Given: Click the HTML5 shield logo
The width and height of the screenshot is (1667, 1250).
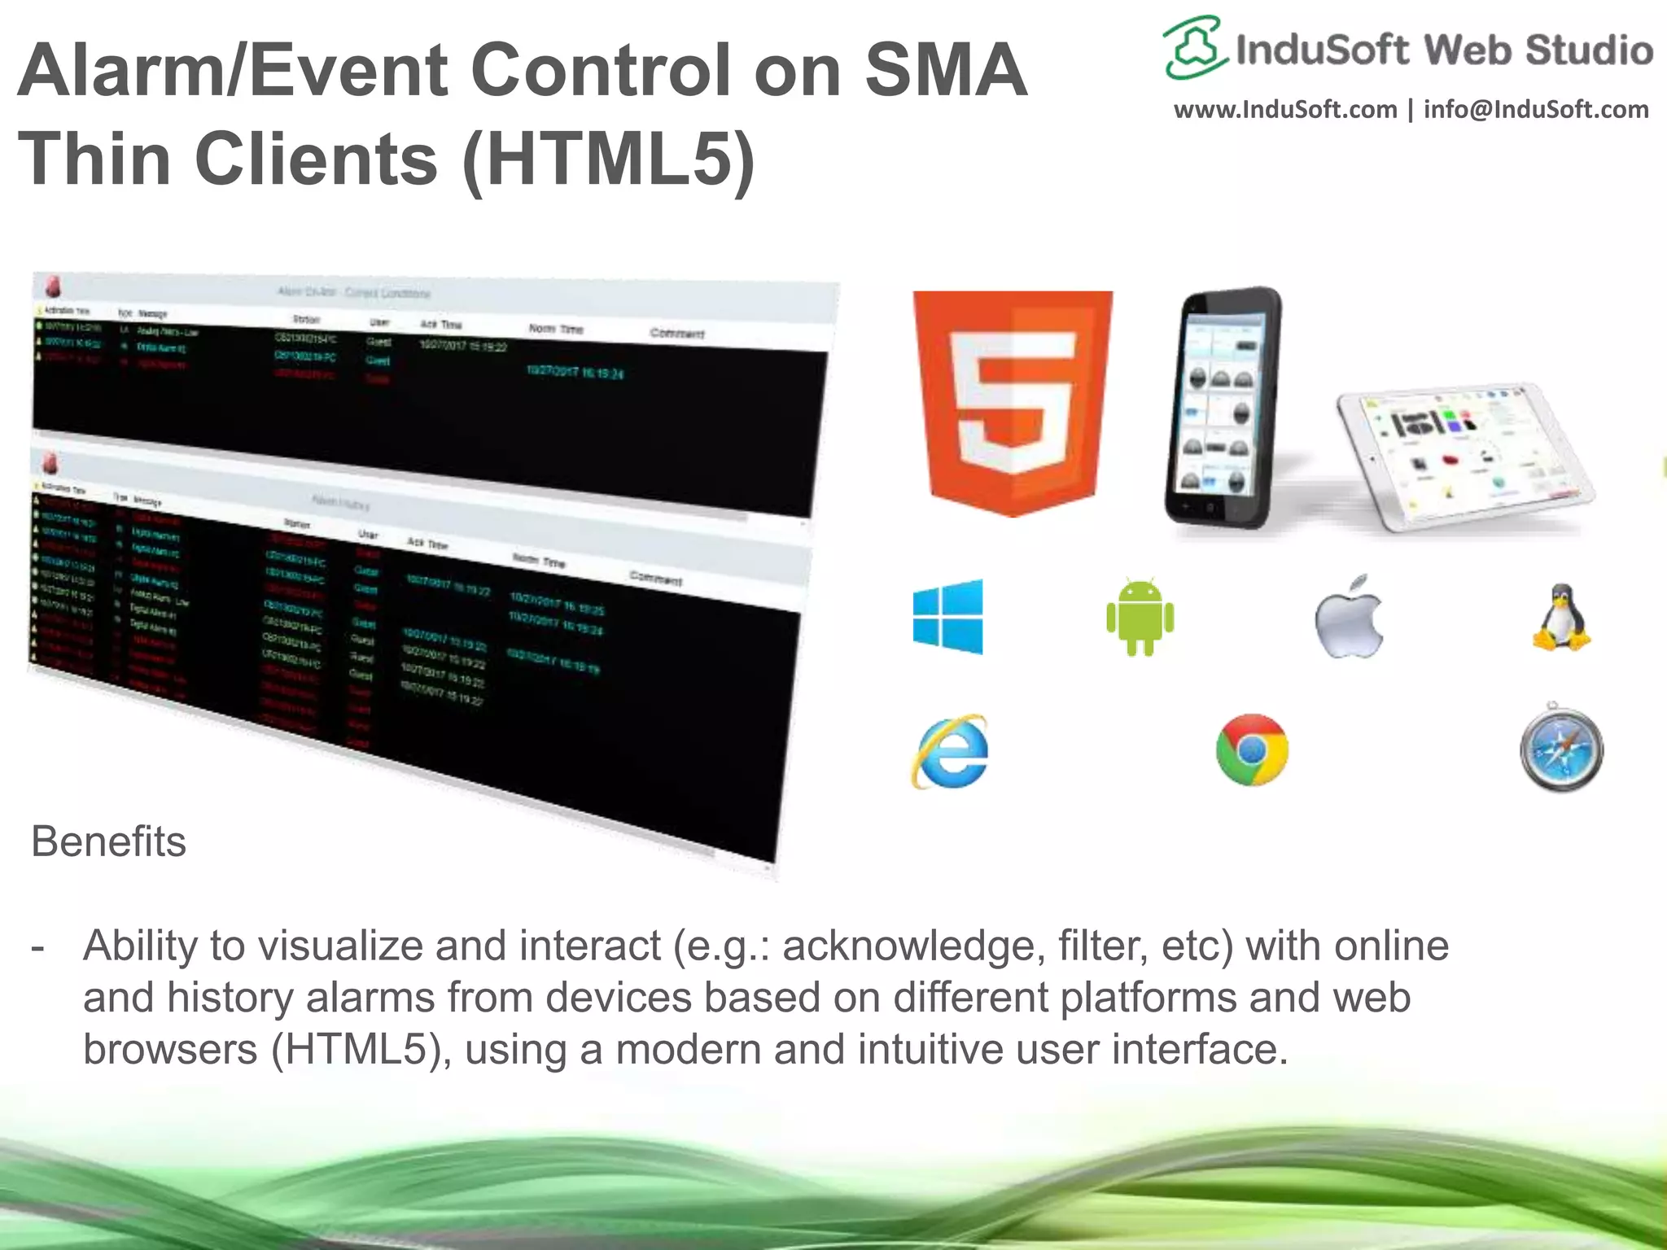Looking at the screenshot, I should tap(1013, 403).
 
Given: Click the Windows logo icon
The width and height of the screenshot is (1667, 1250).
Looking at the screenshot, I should tap(948, 617).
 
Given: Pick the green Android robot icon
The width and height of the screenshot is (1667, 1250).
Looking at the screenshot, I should tap(1140, 617).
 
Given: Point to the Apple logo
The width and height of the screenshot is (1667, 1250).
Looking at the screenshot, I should tap(1349, 617).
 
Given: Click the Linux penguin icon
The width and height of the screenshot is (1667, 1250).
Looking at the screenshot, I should tap(1561, 617).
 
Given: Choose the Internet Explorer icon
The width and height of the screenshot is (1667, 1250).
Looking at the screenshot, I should tap(949, 750).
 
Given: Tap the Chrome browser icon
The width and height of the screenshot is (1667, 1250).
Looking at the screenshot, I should tap(1252, 750).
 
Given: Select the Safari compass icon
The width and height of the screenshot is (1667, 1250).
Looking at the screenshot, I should tap(1561, 750).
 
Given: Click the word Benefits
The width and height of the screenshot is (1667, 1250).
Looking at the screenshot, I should tap(108, 841).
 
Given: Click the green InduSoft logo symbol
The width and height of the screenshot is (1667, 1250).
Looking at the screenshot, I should tap(1193, 47).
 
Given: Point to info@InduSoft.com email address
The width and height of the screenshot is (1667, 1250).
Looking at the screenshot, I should tap(1536, 109).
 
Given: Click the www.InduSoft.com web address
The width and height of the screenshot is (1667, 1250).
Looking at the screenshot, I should tap(1284, 109).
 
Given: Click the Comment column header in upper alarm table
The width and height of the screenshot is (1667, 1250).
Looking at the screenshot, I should tap(677, 334).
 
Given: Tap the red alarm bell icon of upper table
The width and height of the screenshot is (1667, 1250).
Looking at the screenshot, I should tap(52, 287).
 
